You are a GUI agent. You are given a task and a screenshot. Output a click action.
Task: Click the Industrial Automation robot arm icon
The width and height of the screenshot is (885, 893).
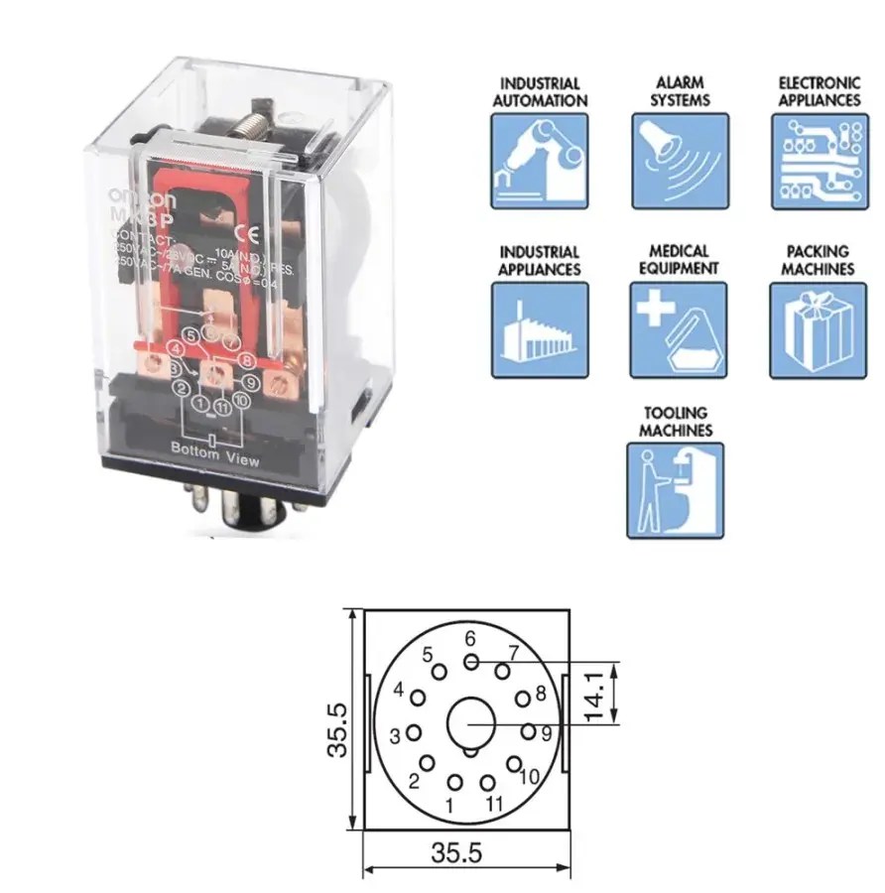[540, 160]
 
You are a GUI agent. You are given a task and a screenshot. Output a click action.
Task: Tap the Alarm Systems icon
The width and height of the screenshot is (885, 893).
[680, 160]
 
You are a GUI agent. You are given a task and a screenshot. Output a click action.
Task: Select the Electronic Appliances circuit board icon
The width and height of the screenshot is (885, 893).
[820, 160]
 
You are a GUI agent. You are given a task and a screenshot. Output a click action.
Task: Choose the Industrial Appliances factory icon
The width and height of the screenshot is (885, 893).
[540, 329]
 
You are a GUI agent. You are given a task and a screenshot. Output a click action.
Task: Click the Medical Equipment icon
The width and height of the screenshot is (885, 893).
[680, 329]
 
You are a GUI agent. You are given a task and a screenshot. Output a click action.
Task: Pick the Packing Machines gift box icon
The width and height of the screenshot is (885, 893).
[820, 329]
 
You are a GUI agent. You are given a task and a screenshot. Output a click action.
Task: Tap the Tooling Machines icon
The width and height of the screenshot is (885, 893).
[676, 490]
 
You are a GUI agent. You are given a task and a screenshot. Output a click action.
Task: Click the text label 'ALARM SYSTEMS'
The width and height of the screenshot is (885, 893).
[680, 92]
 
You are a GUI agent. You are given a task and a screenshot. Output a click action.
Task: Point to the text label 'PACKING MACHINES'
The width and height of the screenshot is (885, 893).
[818, 260]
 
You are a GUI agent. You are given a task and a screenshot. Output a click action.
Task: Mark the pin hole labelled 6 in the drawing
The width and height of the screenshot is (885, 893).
[471, 661]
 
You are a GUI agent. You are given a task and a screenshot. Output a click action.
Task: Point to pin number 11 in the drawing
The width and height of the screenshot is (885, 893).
[487, 782]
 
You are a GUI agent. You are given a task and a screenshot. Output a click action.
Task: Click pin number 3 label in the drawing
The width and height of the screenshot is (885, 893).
[395, 736]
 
